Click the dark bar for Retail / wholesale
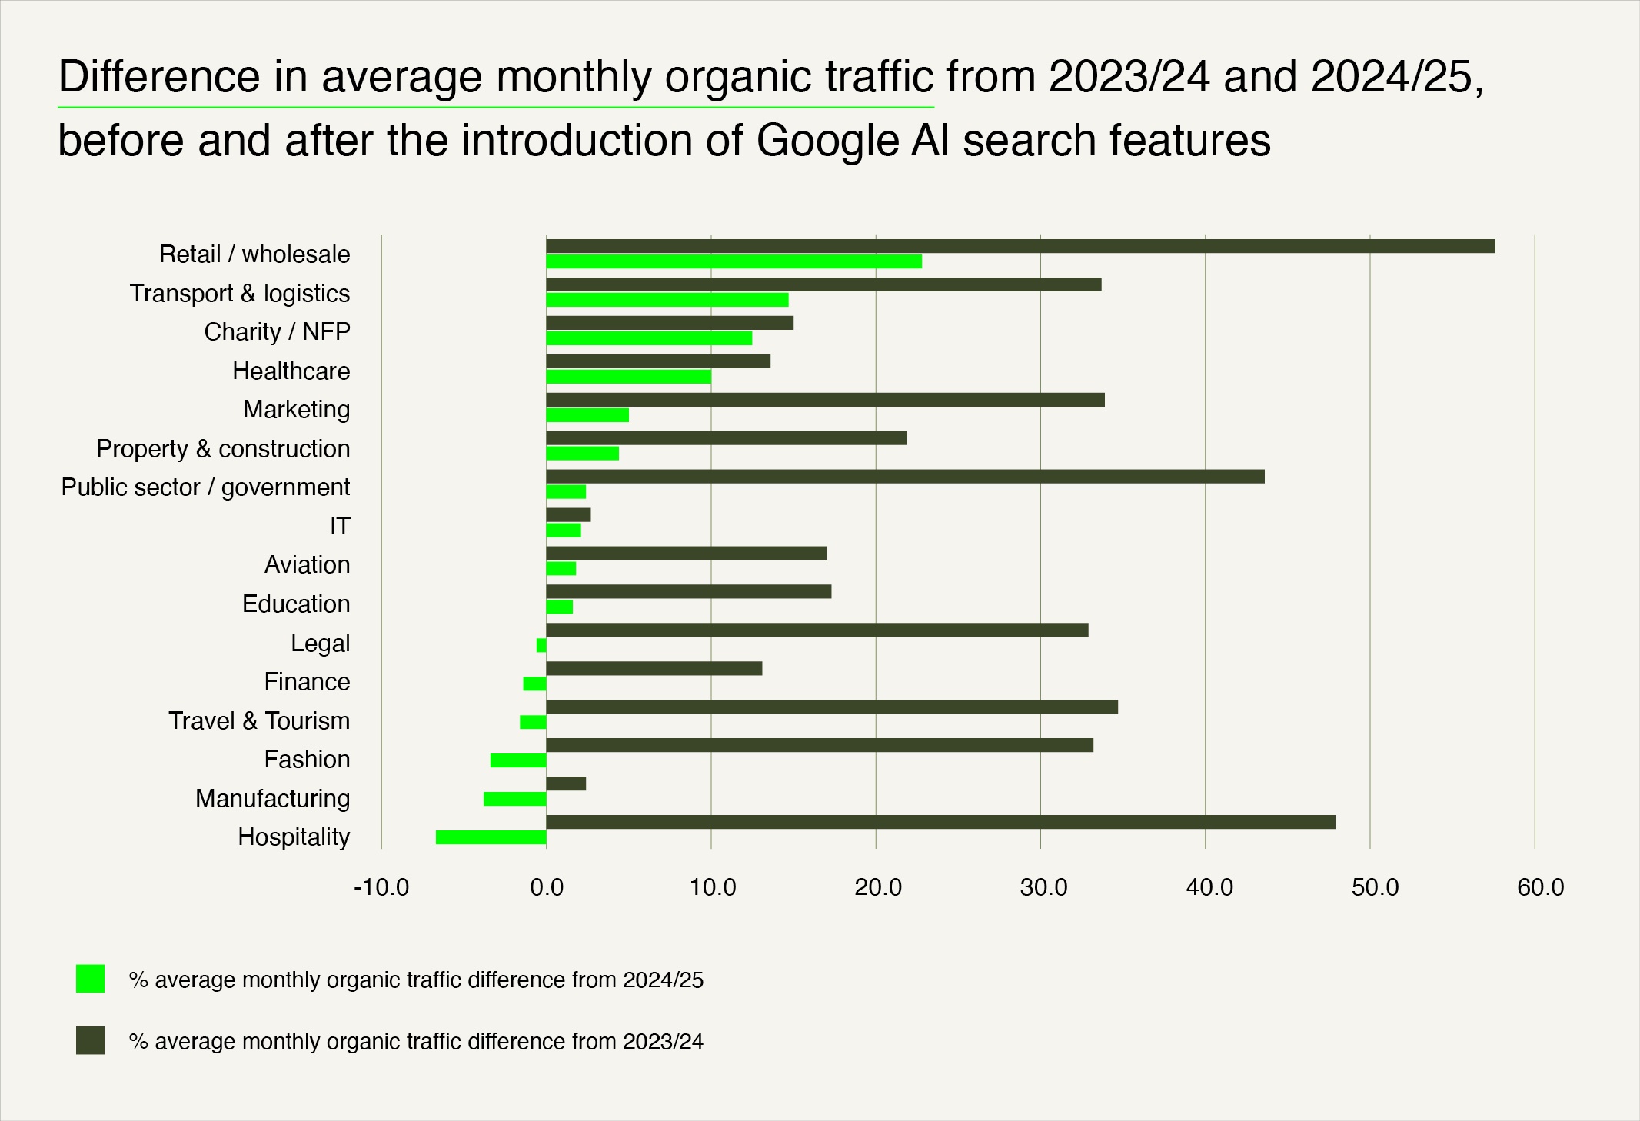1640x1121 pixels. point(1020,246)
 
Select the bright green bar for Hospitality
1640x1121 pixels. point(491,837)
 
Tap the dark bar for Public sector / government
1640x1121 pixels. point(905,477)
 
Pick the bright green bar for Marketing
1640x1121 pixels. point(587,415)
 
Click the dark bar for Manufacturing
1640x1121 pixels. point(566,783)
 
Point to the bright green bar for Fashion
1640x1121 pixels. point(518,760)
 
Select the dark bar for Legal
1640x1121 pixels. point(817,630)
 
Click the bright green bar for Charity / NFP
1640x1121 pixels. point(649,338)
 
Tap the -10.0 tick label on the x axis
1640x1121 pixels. point(381,888)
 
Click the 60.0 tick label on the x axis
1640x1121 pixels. point(1540,888)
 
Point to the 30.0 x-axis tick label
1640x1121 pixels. point(1043,888)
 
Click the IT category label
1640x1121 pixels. point(340,526)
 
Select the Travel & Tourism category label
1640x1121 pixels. point(259,720)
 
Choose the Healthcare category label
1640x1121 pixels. point(291,371)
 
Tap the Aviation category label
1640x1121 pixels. point(307,564)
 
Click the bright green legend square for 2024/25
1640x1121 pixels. point(90,979)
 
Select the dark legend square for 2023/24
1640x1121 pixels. point(90,1040)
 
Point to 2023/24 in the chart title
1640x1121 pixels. point(1129,77)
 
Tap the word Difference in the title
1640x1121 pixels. point(159,77)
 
